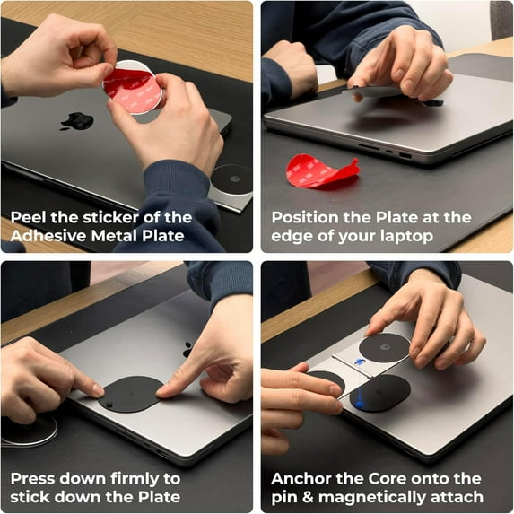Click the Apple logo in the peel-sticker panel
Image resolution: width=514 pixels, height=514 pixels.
pyautogui.click(x=76, y=120)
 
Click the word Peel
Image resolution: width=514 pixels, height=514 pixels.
pyautogui.click(x=30, y=217)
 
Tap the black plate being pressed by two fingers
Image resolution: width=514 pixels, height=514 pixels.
pyautogui.click(x=130, y=393)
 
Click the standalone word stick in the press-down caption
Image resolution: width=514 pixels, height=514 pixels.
pyautogui.click(x=30, y=497)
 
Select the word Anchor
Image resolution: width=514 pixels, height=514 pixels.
pyautogui.click(x=302, y=478)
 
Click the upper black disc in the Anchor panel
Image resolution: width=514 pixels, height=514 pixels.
pyautogui.click(x=384, y=346)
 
